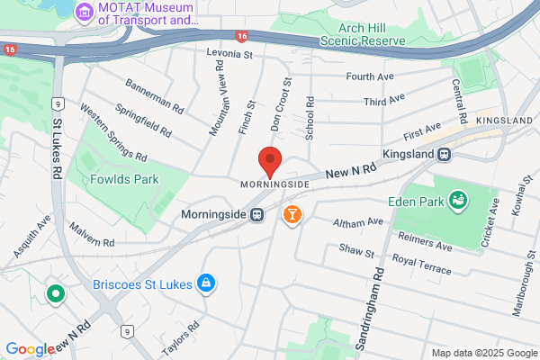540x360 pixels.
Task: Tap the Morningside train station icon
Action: coord(257,214)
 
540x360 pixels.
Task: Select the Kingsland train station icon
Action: coord(445,155)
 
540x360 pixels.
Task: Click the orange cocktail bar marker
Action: coord(292,214)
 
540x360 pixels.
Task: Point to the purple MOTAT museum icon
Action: coord(85,13)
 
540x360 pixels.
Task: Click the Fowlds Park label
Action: coord(124,179)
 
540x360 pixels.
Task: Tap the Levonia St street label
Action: coord(229,55)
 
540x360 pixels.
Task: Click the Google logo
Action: coord(30,349)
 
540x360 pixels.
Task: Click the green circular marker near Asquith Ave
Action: coord(55,293)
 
